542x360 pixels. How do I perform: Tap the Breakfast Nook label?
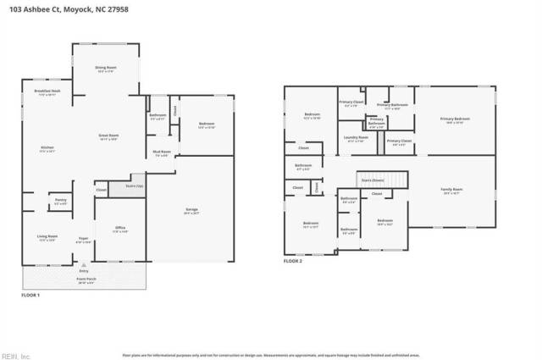pos(47,91)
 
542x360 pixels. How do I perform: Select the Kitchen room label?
pos(47,148)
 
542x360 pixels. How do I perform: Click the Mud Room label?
pos(161,152)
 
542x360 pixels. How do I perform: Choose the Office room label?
pos(121,229)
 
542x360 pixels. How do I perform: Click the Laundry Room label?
pos(357,137)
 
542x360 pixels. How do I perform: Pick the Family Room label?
pos(451,190)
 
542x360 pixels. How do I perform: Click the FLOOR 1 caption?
pos(30,294)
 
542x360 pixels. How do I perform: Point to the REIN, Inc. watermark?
pos(17,354)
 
